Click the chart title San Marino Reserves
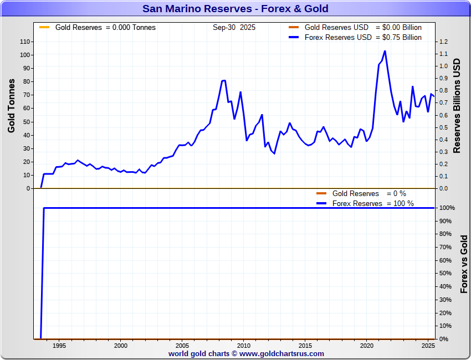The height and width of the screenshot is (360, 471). (x=235, y=8)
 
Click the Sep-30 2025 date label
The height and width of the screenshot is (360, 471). (x=234, y=27)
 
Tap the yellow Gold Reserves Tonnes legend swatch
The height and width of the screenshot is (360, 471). (x=45, y=27)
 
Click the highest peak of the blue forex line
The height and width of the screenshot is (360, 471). (x=385, y=51)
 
